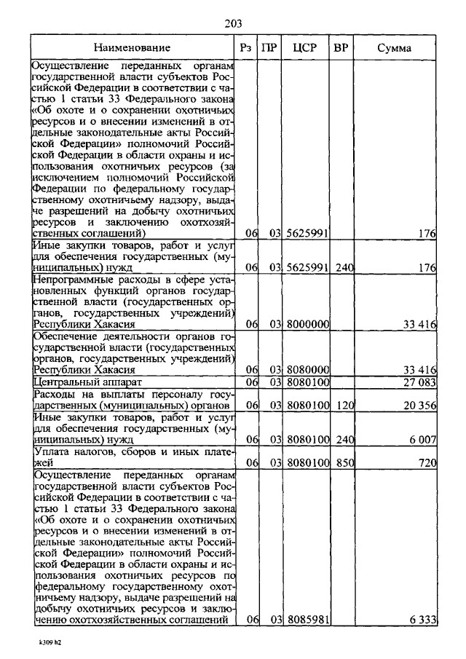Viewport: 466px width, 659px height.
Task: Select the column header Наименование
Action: tap(136, 48)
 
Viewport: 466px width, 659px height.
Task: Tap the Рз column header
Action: tap(246, 48)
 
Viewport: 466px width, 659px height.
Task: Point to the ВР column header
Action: tap(341, 48)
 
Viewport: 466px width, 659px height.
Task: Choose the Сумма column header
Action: tap(394, 48)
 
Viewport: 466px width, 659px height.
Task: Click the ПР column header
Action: tap(269, 48)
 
